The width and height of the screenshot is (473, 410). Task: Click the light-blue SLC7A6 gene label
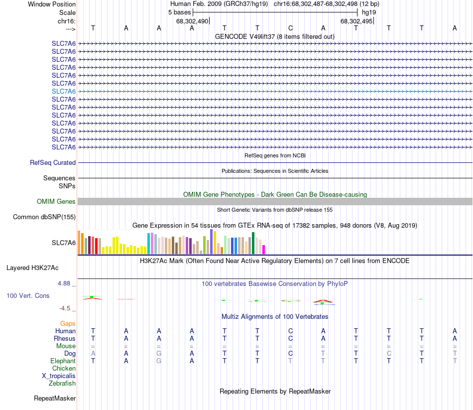pos(64,91)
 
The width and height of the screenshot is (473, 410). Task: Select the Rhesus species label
pos(65,339)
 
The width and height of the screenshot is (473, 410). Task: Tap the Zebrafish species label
pos(62,384)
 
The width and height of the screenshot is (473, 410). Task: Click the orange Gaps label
pos(68,324)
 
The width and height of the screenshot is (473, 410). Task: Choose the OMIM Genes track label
pos(56,202)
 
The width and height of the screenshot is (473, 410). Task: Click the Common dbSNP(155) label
pos(44,217)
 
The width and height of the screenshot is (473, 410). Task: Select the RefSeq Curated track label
pos(53,162)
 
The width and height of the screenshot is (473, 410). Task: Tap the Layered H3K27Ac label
pos(32,268)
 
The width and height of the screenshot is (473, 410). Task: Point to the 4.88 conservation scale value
pos(66,283)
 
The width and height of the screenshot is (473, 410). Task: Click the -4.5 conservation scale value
pos(67,308)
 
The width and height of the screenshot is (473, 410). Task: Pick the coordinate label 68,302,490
pos(192,21)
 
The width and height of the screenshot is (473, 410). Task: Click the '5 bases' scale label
pos(179,12)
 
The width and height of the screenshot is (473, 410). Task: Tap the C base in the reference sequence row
pos(290,28)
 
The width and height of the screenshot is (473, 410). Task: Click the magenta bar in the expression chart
pos(264,249)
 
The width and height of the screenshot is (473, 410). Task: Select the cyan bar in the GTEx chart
pos(148,243)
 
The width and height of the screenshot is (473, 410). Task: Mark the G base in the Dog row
pos(159,354)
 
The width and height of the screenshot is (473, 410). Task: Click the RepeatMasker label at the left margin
pos(55,399)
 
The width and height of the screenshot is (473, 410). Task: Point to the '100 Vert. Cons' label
pos(28,296)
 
